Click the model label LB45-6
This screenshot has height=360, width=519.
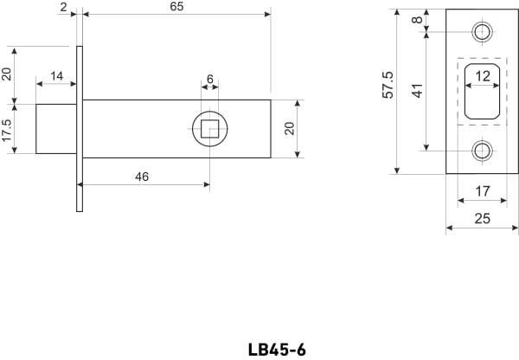[x=277, y=350]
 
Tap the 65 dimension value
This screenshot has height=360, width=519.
[x=176, y=7]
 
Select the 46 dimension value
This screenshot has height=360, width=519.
[x=142, y=177]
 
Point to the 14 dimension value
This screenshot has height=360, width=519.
[x=56, y=76]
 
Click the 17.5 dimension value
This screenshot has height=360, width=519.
[x=7, y=130]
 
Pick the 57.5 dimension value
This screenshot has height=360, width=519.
[x=388, y=85]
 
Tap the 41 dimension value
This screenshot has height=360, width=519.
[x=418, y=91]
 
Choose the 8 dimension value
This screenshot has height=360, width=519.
[x=418, y=20]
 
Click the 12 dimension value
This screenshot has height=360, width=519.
[x=483, y=76]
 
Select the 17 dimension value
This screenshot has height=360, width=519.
[x=483, y=191]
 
